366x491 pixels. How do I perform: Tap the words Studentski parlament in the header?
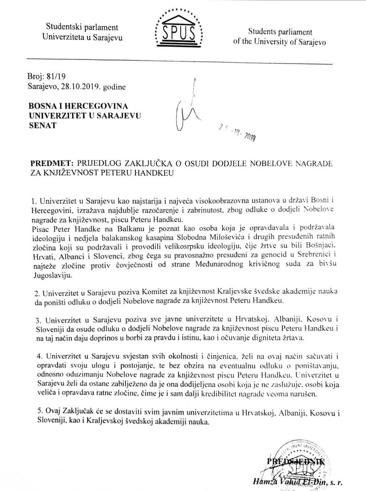coord(82,27)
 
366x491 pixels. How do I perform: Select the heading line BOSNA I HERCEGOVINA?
coord(78,106)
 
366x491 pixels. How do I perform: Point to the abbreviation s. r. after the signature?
coord(336,483)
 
